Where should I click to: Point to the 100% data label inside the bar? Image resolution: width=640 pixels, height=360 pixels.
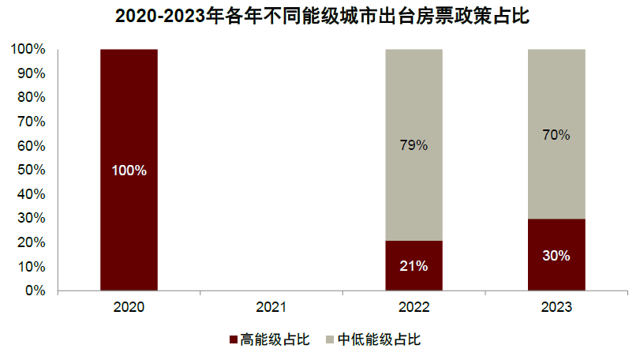pyautogui.click(x=129, y=171)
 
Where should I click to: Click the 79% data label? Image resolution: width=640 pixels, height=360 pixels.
pyautogui.click(x=414, y=145)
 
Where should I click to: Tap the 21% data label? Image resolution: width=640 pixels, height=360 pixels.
pyautogui.click(x=414, y=266)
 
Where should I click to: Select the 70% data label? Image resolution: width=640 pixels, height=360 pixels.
pyautogui.click(x=556, y=135)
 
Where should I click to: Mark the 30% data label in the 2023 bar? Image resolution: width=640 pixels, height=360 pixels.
pyautogui.click(x=556, y=255)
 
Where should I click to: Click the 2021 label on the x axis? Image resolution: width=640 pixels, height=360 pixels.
pyautogui.click(x=271, y=306)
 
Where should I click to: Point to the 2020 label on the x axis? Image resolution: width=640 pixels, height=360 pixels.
pyautogui.click(x=129, y=306)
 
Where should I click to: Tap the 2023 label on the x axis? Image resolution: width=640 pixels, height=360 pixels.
pyautogui.click(x=556, y=306)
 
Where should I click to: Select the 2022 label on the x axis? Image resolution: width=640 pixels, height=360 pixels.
pyautogui.click(x=414, y=306)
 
